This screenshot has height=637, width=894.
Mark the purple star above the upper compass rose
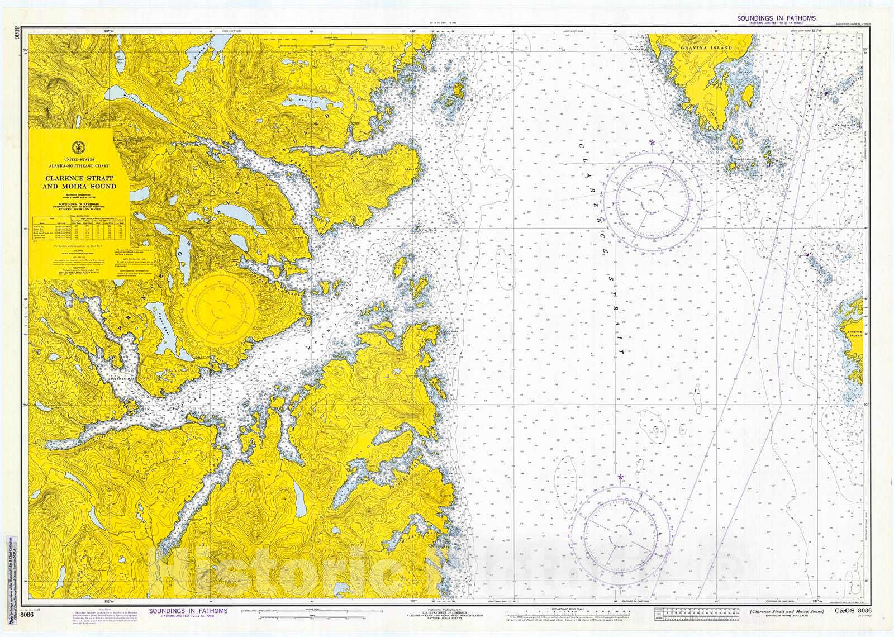(x=652, y=142)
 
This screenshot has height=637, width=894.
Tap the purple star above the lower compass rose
(x=620, y=477)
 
